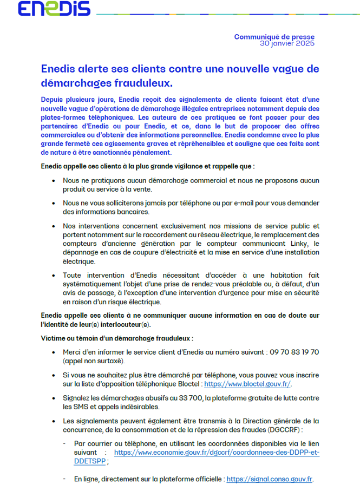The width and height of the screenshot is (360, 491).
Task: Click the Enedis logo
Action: pyautogui.click(x=54, y=9)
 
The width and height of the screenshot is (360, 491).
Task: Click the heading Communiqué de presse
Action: pyautogui.click(x=274, y=36)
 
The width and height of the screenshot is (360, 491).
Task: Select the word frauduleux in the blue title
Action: pyautogui.click(x=146, y=84)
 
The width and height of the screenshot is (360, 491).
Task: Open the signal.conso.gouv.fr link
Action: pyautogui.click(x=270, y=479)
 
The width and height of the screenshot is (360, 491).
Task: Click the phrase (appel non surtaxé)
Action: pyautogui.click(x=94, y=361)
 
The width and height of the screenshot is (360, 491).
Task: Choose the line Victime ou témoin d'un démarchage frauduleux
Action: pyautogui.click(x=117, y=338)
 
